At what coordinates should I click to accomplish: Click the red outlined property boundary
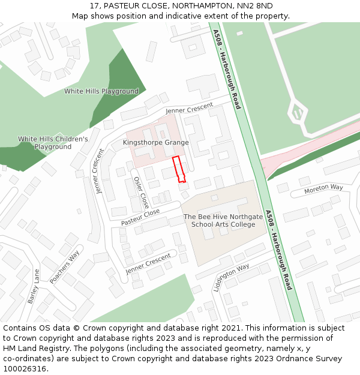tap(179, 169)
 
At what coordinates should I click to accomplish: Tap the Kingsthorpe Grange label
tap(155, 143)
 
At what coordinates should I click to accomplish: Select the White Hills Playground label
tap(101, 92)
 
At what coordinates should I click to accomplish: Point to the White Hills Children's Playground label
tap(53, 143)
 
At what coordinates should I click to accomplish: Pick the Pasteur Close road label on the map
tap(140, 217)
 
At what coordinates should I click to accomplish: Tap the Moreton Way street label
tap(323, 188)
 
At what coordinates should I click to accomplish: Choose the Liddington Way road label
tap(231, 278)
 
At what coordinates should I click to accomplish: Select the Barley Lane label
tap(33, 286)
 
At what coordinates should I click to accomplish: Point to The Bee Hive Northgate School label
tap(223, 220)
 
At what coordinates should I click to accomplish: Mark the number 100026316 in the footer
tap(26, 369)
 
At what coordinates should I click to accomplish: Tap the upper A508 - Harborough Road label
tap(226, 69)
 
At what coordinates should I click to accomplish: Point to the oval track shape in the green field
tap(298, 112)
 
